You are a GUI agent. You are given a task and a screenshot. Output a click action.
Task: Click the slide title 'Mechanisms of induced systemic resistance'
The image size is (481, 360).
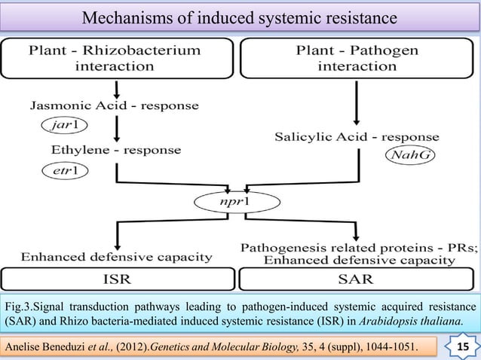tap(240, 17)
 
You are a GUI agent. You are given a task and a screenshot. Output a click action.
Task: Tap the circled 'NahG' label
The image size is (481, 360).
tap(408, 156)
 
